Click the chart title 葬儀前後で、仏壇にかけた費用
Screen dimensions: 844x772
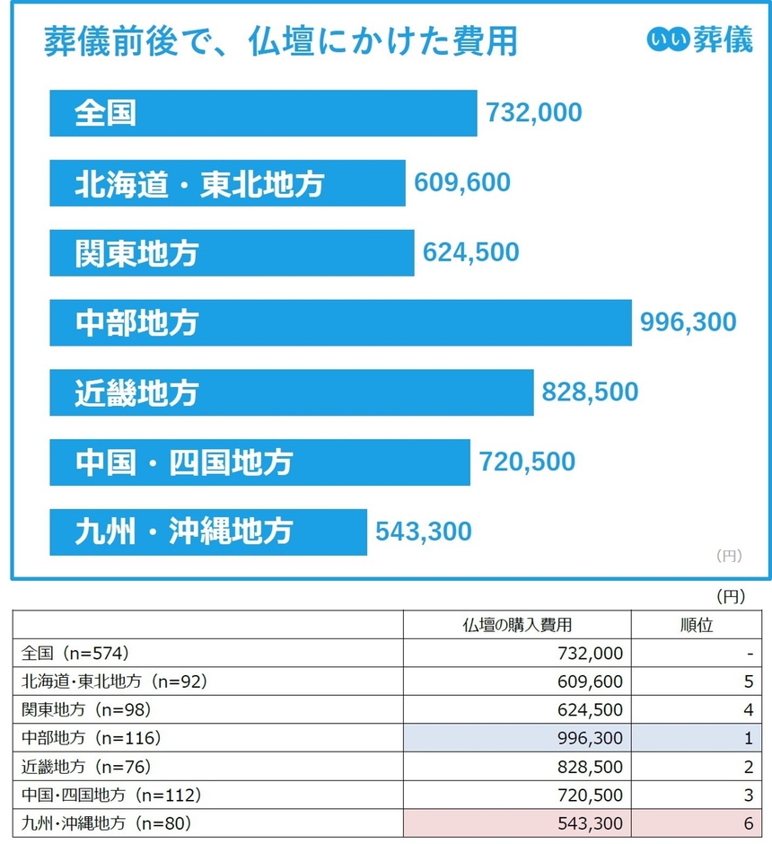tap(280, 42)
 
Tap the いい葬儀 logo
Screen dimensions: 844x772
tap(699, 40)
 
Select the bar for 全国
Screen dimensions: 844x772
tap(263, 113)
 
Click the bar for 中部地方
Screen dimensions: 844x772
tap(340, 322)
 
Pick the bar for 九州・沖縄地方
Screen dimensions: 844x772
tap(208, 532)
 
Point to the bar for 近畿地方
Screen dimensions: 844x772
tap(291, 392)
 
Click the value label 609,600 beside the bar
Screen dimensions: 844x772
tap(462, 183)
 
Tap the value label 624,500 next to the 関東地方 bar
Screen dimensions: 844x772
tap(471, 252)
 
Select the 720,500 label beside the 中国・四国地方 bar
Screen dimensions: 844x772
tap(527, 462)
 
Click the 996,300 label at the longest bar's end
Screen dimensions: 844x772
tap(688, 322)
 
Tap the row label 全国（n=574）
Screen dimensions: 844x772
tap(82, 654)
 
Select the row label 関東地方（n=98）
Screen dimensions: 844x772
tap(86, 709)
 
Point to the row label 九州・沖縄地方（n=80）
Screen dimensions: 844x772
tap(107, 821)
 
